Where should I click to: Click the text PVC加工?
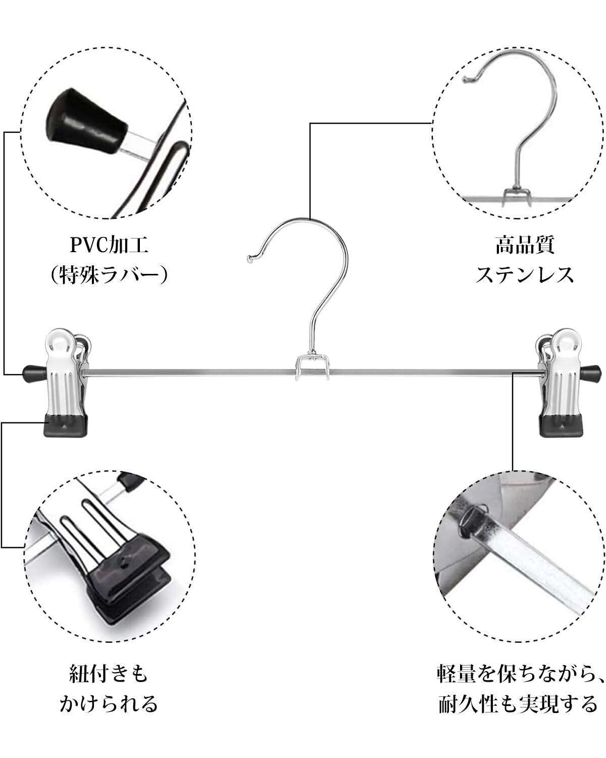109,246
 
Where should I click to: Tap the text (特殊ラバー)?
109,275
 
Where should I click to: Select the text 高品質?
525,246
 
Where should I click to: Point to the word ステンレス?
525,275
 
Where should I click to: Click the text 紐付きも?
109,674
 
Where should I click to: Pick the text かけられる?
109,703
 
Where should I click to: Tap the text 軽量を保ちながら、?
521,674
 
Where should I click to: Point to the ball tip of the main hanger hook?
249,259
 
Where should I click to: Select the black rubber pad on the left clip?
67,425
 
